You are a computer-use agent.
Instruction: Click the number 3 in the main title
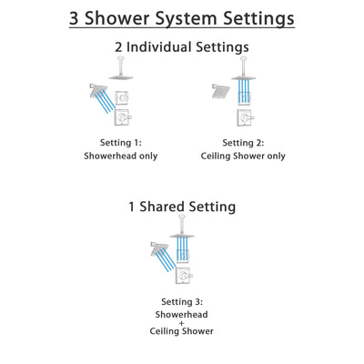[x=77, y=17]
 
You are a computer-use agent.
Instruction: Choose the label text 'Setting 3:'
[x=182, y=302]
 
